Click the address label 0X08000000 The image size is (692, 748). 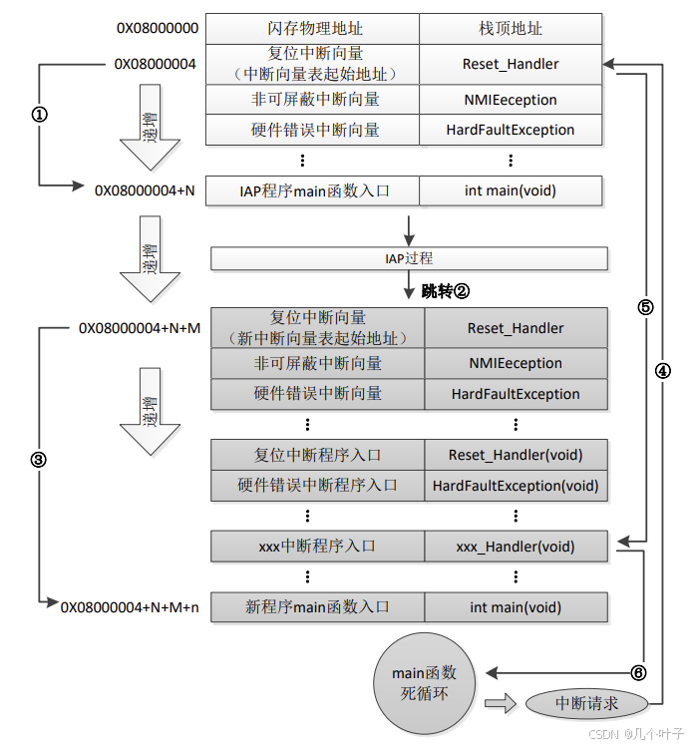pos(157,28)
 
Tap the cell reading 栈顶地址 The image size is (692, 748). pos(511,29)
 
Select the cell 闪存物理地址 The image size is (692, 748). pos(311,29)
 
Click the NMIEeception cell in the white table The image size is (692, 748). pos(511,100)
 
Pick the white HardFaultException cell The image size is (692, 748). pos(511,130)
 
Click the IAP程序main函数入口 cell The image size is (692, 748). pos(311,190)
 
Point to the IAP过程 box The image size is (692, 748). pos(409,259)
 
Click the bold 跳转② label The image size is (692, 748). pos(445,291)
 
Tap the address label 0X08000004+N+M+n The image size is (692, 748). pos(131,606)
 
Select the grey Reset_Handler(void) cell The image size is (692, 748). pos(516,455)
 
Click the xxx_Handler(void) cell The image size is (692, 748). pos(516,547)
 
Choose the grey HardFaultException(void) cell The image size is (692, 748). pos(516,486)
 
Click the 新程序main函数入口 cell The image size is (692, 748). pos(317,606)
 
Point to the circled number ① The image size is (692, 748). pos(40,115)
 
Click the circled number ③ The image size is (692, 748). pos(39,460)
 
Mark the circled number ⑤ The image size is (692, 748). pos(645,307)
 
